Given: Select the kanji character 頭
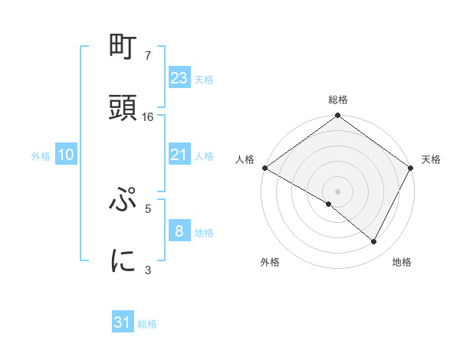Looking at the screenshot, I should pyautogui.click(x=123, y=108).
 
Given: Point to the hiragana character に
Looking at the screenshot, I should pyautogui.click(x=123, y=261).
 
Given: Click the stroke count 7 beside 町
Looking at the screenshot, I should pyautogui.click(x=148, y=57).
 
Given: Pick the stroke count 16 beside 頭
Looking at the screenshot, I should pyautogui.click(x=148, y=117).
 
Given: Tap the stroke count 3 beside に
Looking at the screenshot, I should pyautogui.click(x=148, y=269).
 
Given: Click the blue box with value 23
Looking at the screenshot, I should pyautogui.click(x=179, y=77).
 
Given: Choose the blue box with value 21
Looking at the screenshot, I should pyautogui.click(x=179, y=155).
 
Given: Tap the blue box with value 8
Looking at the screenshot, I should pyautogui.click(x=179, y=231).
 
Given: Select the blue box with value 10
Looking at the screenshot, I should pyautogui.click(x=66, y=155).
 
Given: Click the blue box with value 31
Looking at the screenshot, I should pyautogui.click(x=123, y=322).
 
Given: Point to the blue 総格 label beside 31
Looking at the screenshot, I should pyautogui.click(x=147, y=324).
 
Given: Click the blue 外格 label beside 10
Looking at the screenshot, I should pyautogui.click(x=41, y=155).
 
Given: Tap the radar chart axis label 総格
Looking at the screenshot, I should pyautogui.click(x=338, y=100).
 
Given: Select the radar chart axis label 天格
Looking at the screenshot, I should pyautogui.click(x=431, y=159).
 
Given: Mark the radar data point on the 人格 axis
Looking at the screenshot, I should pyautogui.click(x=264, y=168).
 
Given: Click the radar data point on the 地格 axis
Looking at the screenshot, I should pyautogui.click(x=374, y=242).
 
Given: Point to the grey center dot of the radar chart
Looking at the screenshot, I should pyautogui.click(x=338, y=191).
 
